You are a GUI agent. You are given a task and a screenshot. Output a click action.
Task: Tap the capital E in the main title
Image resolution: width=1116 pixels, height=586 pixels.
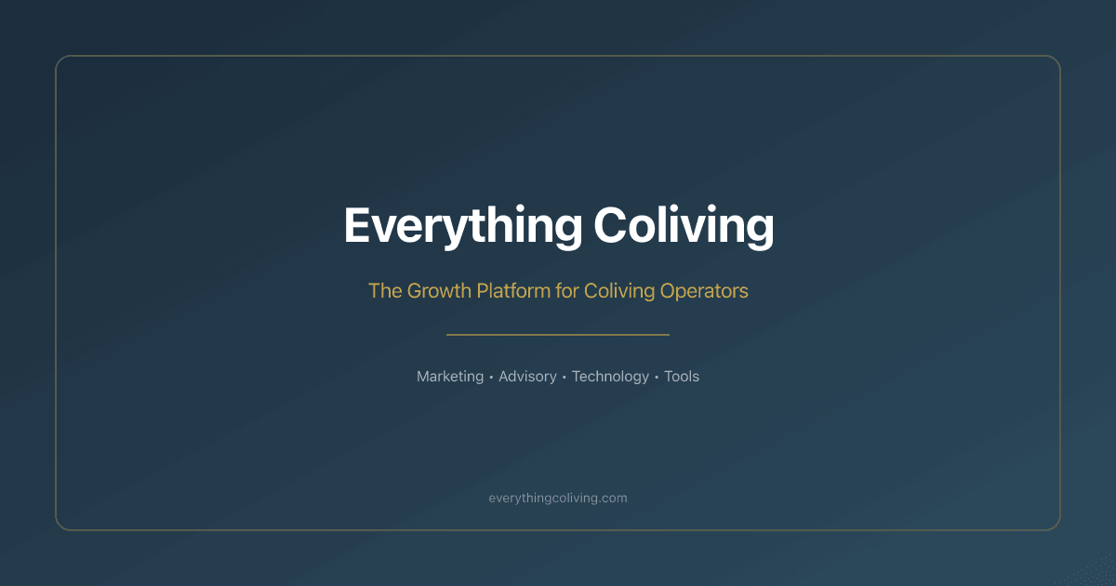pos(357,226)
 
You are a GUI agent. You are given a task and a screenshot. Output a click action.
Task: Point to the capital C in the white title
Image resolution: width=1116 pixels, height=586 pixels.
pos(611,226)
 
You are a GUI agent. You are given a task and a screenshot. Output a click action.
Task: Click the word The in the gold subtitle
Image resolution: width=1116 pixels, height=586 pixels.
pos(384,290)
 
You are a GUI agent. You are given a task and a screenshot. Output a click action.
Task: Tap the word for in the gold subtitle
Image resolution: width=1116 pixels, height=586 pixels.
pos(567,290)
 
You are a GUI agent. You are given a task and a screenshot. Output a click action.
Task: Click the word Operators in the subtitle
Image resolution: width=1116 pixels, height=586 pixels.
pos(704,290)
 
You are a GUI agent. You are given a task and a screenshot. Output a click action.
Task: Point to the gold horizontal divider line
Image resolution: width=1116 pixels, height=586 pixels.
pos(558,334)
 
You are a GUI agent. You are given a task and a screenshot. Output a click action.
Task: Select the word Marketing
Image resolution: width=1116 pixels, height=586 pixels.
pos(450,377)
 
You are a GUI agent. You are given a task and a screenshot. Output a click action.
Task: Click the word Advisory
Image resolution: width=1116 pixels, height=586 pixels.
pos(527,377)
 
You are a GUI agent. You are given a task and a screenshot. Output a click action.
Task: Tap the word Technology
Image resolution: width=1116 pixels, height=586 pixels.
pos(610,377)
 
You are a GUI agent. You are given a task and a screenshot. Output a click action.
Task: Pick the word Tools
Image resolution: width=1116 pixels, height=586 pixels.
pos(682,377)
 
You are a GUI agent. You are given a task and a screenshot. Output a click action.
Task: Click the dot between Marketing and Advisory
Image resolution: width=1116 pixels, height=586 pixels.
pos(491,378)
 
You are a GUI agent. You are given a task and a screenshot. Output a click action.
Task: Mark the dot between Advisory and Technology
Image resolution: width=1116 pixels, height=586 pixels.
pos(565,378)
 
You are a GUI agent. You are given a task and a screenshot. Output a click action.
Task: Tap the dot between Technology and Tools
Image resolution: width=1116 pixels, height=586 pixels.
pos(657,378)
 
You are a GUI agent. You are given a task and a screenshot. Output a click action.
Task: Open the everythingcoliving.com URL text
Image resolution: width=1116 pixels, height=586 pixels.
pos(558,498)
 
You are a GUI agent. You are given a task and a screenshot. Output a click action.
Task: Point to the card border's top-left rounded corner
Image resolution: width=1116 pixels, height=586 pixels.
pos(61,61)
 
